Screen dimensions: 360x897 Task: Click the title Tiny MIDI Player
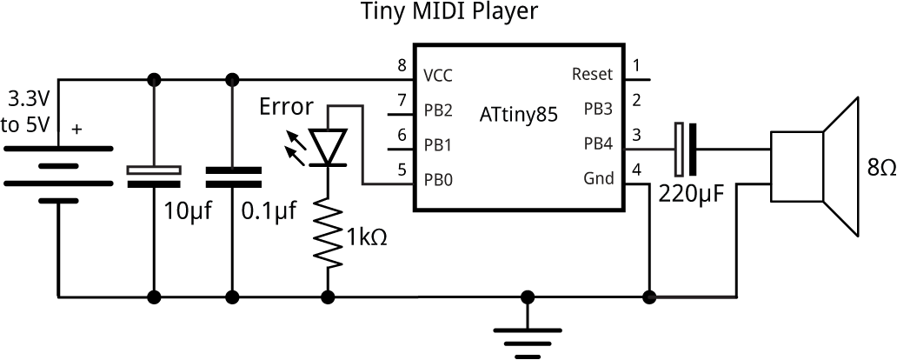tap(448, 12)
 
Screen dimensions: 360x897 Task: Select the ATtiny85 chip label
tap(518, 114)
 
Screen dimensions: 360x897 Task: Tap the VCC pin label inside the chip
tap(439, 75)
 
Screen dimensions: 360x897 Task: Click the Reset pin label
tap(593, 75)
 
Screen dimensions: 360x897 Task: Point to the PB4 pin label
tap(598, 144)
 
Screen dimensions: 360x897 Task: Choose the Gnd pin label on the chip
tap(598, 179)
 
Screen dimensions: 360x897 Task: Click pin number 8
tap(401, 65)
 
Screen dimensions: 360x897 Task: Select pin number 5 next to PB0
tap(401, 170)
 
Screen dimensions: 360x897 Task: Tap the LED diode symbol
tap(329, 147)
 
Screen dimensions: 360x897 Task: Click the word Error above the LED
tap(286, 108)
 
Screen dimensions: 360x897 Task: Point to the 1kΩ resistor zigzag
tap(329, 232)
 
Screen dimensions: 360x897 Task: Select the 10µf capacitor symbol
tap(155, 177)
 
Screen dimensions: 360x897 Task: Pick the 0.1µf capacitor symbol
tap(231, 177)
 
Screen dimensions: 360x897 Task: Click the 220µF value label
tap(693, 192)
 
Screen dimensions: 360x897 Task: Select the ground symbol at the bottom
tap(525, 340)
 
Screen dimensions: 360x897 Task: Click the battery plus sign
tap(77, 130)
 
